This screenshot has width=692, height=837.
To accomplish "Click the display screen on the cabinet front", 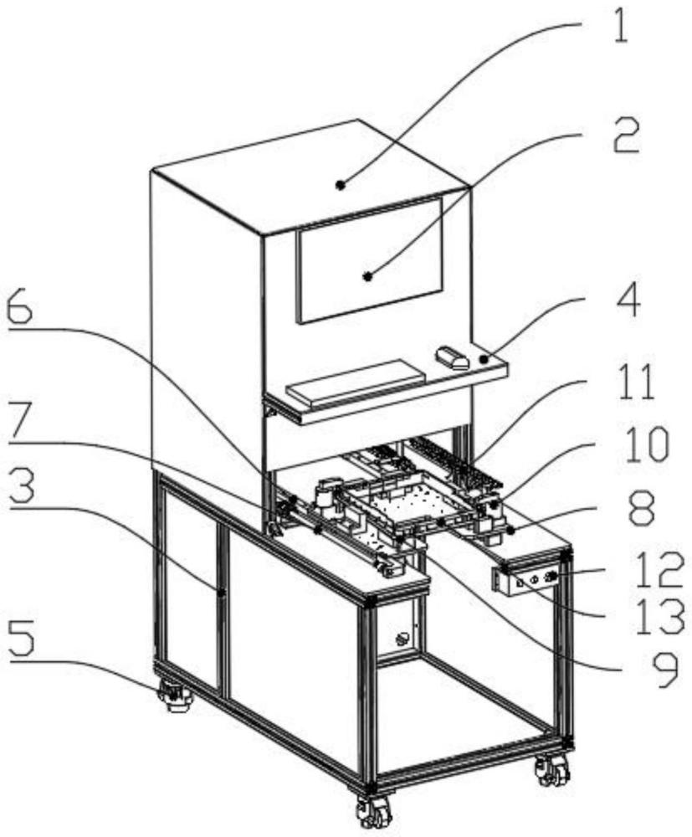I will click(370, 259).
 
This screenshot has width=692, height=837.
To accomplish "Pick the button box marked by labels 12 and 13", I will click(526, 579).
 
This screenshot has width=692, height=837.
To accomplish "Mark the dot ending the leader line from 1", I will click(341, 184).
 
